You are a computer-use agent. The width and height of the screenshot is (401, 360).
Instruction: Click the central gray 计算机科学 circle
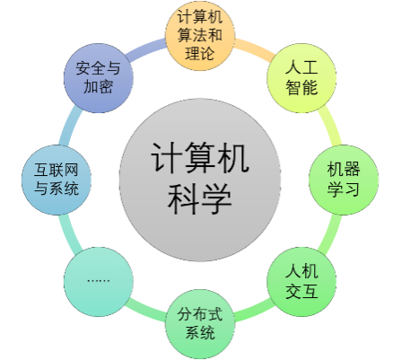click(x=200, y=180)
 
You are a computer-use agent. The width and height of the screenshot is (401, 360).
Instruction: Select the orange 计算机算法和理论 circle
click(x=200, y=36)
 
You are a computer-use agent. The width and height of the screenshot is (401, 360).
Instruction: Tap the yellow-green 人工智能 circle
click(x=301, y=78)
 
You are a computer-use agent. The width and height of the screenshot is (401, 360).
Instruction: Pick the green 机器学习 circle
click(x=344, y=180)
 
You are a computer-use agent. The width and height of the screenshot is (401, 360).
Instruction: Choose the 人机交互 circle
click(x=301, y=282)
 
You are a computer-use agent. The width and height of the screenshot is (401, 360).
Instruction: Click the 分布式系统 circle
click(x=200, y=324)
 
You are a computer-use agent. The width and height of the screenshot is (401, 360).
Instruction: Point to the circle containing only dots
click(x=99, y=282)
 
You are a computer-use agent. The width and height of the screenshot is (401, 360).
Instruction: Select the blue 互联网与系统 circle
click(x=57, y=180)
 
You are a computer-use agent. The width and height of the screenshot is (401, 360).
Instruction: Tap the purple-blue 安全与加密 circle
click(x=99, y=78)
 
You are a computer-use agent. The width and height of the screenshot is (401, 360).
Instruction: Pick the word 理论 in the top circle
click(x=200, y=54)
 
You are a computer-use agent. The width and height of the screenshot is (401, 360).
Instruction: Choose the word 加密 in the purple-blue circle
click(x=98, y=87)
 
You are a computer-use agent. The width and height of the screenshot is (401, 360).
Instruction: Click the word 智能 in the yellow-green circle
click(x=301, y=87)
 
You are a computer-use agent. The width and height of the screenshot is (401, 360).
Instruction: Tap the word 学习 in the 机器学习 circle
click(x=344, y=189)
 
